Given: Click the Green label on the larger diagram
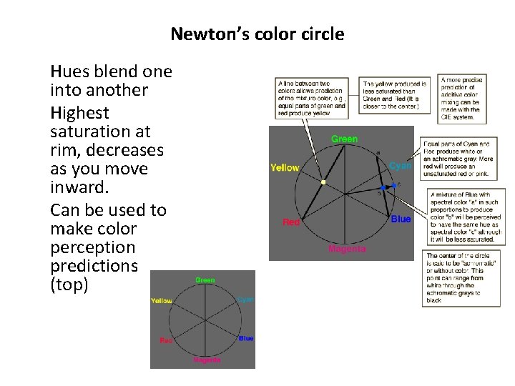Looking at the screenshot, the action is pos(344,139).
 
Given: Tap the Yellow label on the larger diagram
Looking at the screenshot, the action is pos(284,167).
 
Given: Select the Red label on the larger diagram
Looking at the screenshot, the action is pos(291,222).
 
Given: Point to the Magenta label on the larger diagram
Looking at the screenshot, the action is pos(347,249).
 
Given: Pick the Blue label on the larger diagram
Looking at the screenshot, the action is pos(401,219).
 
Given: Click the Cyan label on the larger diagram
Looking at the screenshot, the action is pos(400,165).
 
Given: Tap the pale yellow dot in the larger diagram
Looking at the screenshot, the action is pos(323,183).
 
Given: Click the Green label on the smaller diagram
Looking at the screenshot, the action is pos(205,280).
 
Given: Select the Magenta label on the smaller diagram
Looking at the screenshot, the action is pos(206,360).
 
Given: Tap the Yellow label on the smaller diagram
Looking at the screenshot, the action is pos(162,301).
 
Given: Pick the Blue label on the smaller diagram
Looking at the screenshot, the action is pos(245,338).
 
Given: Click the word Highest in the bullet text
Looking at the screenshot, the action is pos(80,112).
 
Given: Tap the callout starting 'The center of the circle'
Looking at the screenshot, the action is pos(463,277).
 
